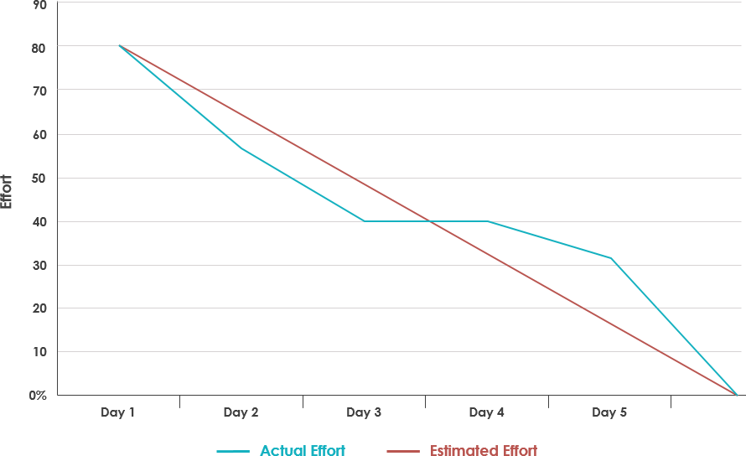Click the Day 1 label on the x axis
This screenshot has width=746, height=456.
(117, 412)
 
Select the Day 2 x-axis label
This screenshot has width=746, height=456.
(241, 412)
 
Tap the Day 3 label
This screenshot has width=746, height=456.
(364, 412)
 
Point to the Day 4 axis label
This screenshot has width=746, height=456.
(487, 412)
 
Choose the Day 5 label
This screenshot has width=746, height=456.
(609, 412)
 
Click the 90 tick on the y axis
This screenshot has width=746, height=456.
(39, 4)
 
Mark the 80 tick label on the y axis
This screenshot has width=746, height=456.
(39, 47)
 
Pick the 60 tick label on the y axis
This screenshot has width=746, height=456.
(39, 134)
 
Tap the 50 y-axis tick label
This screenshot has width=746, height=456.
(39, 178)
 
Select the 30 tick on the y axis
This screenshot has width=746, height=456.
(39, 265)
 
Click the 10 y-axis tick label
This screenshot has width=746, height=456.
(39, 351)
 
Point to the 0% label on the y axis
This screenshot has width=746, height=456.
(37, 395)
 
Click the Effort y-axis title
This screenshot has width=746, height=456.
(7, 192)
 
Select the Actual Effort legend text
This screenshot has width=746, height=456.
(303, 451)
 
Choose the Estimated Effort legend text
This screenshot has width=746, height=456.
(484, 451)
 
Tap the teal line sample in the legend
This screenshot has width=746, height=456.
(233, 451)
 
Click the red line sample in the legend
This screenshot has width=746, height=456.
(403, 451)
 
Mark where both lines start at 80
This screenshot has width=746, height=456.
(119, 45)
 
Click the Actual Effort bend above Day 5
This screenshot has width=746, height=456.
(611, 258)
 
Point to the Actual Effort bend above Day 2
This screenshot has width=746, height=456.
(241, 148)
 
